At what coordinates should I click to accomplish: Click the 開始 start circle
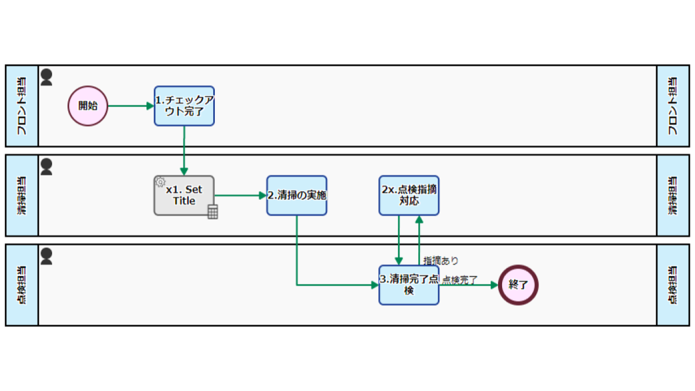pyautogui.click(x=88, y=106)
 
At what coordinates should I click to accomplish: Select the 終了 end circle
pyautogui.click(x=518, y=285)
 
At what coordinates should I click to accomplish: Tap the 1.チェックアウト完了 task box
pyautogui.click(x=184, y=106)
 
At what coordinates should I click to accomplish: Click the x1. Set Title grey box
pyautogui.click(x=184, y=196)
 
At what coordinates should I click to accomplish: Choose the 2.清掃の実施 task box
pyautogui.click(x=297, y=196)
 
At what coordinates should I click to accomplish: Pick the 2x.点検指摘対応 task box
pyautogui.click(x=409, y=196)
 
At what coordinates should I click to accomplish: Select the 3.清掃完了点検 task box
pyautogui.click(x=409, y=285)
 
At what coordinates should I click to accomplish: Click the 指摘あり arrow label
pyautogui.click(x=441, y=261)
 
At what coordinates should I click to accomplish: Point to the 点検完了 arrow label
pyautogui.click(x=459, y=280)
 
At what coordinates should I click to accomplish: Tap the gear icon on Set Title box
pyautogui.click(x=160, y=182)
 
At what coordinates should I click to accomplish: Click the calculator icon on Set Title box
pyautogui.click(x=213, y=212)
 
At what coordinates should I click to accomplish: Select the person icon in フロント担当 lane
pyautogui.click(x=46, y=77)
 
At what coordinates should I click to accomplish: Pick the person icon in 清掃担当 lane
pyautogui.click(x=46, y=167)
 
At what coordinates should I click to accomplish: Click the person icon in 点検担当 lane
pyautogui.click(x=46, y=256)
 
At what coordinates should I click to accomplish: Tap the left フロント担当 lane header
pyautogui.click(x=22, y=106)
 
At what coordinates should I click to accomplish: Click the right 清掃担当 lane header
pyautogui.click(x=673, y=196)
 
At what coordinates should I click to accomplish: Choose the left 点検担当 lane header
pyautogui.click(x=22, y=285)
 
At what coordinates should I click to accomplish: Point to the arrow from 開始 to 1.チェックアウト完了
pyautogui.click(x=131, y=106)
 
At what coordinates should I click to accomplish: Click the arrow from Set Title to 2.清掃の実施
pyautogui.click(x=240, y=196)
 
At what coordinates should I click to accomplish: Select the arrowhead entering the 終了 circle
pyautogui.click(x=494, y=285)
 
